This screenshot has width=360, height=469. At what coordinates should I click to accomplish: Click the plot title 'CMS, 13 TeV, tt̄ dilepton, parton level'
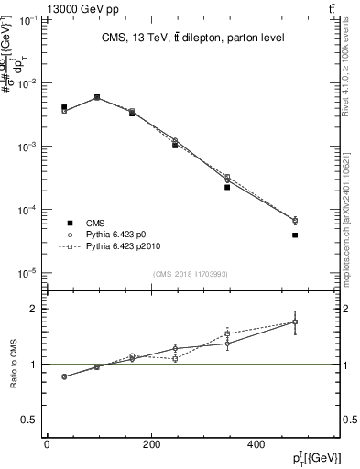click(x=191, y=38)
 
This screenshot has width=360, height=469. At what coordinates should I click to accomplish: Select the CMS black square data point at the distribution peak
click(x=97, y=97)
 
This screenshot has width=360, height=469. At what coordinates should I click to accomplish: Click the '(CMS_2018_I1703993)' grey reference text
click(x=191, y=274)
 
